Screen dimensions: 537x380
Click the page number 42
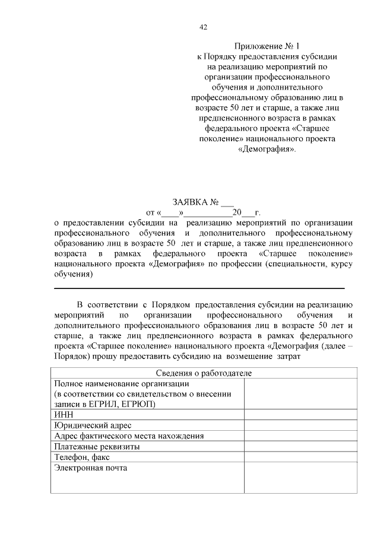click(203, 27)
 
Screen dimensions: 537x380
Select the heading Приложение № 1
click(267, 46)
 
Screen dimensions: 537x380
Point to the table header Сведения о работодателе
click(204, 373)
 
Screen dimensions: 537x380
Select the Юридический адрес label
click(93, 425)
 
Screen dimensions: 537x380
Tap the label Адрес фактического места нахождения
click(129, 436)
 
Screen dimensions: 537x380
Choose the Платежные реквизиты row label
click(97, 446)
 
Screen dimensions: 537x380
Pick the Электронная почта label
click(91, 468)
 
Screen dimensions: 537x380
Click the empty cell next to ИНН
click(300, 415)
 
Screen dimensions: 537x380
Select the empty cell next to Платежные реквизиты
click(300, 446)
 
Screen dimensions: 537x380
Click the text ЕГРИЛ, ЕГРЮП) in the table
click(122, 404)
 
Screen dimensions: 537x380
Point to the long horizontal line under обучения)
click(199, 288)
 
